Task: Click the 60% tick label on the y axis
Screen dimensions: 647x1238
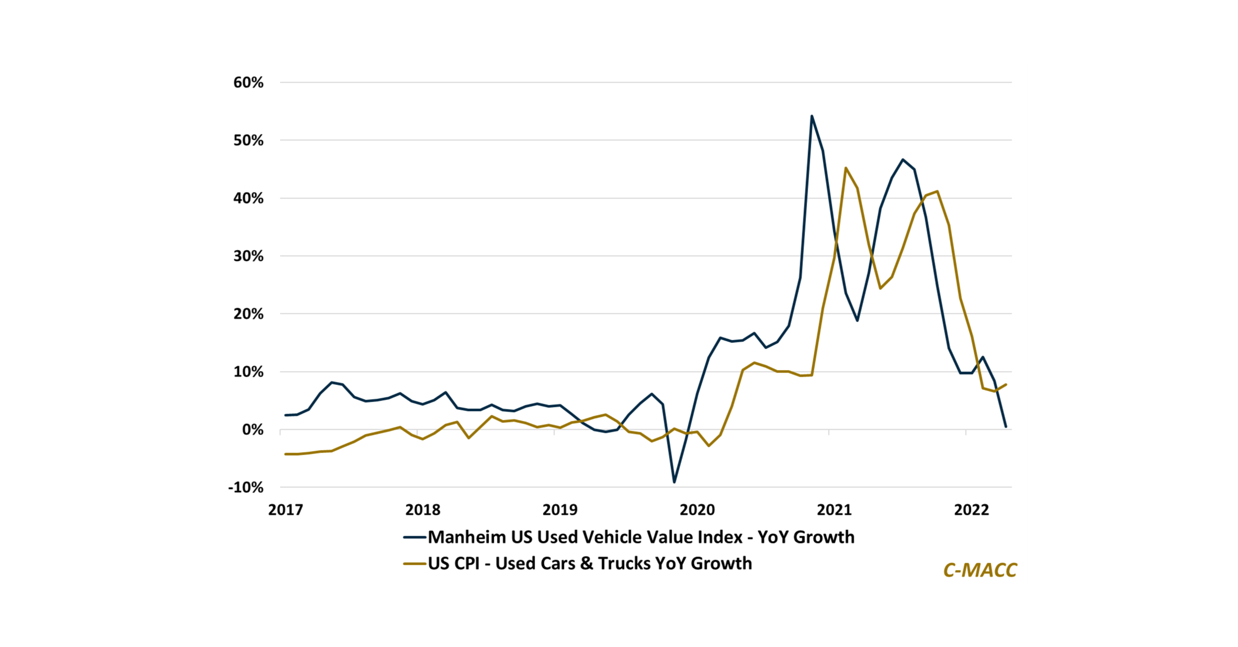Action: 249,83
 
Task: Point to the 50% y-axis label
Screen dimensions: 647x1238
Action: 249,140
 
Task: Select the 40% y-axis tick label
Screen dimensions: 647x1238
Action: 249,198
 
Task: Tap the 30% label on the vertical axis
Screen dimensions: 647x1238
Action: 249,256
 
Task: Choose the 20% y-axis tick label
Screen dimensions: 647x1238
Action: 249,314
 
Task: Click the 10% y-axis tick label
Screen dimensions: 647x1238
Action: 249,371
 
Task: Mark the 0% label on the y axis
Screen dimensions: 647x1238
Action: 253,430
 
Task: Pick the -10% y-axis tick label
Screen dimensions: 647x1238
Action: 246,487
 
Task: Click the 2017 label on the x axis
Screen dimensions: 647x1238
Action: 285,509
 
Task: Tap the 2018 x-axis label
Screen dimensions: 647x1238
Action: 422,509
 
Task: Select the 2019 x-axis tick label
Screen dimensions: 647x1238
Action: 560,509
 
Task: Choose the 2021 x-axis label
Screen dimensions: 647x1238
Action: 834,509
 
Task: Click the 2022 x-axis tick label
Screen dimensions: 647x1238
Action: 971,509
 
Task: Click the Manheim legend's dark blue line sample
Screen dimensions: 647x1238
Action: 415,537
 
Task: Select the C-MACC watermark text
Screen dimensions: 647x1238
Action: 980,570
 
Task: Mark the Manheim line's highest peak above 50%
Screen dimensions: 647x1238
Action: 812,116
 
